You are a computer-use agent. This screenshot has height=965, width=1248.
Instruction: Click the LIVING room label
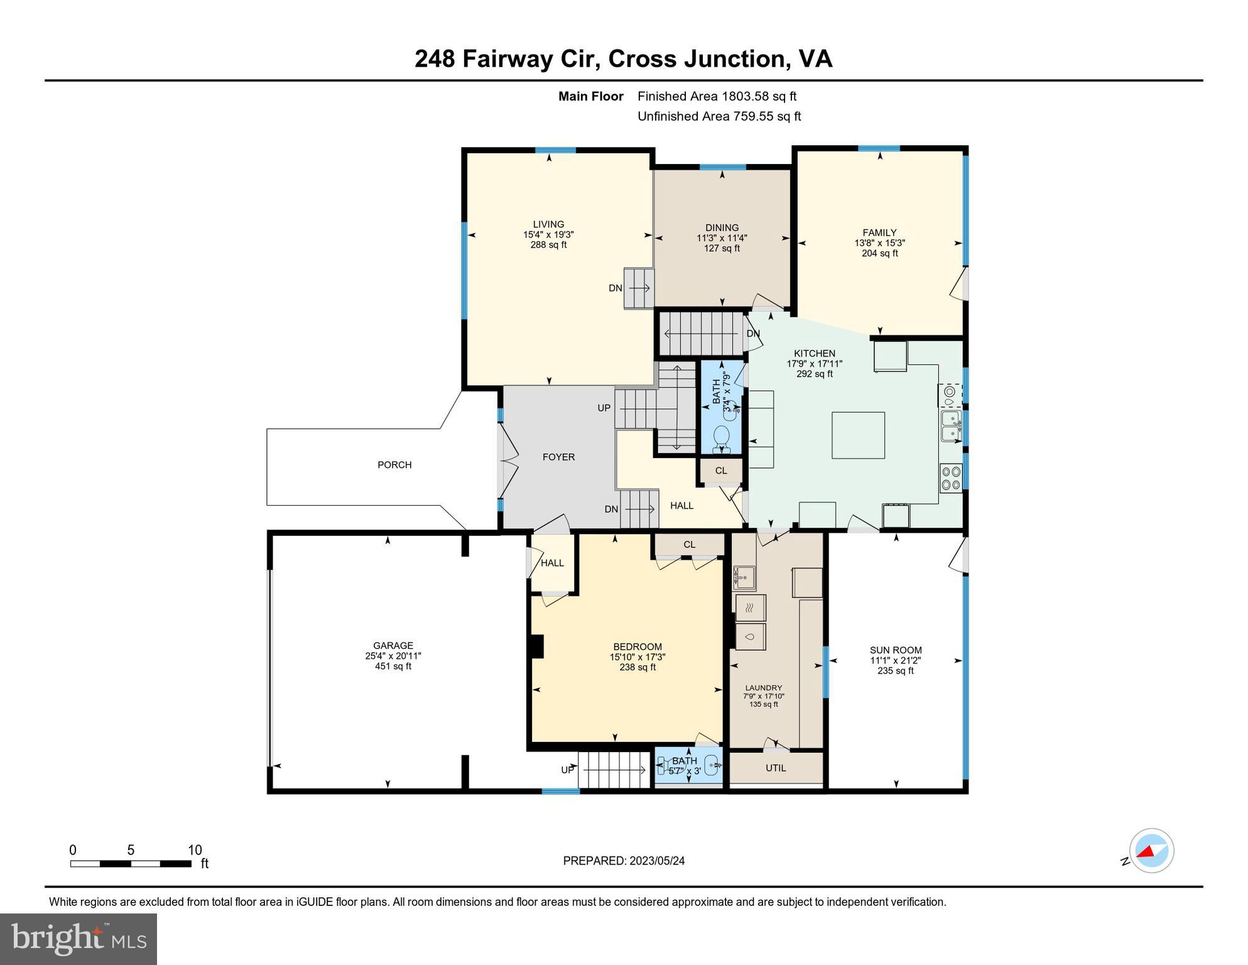[x=548, y=224]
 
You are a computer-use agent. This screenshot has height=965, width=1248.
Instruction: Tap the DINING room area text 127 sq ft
[x=722, y=248]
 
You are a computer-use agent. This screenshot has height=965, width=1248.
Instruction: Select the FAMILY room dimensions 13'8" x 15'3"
[x=879, y=243]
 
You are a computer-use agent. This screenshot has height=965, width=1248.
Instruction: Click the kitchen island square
[x=858, y=435]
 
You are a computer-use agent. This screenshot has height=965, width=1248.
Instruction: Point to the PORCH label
[x=394, y=465]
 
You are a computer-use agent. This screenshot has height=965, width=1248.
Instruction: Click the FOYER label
[x=558, y=457]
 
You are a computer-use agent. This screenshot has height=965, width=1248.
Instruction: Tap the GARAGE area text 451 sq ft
[x=393, y=666]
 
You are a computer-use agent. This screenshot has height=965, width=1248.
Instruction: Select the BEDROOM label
[x=638, y=646]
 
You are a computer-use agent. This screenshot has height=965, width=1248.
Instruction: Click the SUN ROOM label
[x=896, y=650]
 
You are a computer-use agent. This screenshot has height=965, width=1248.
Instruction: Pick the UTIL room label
[x=776, y=768]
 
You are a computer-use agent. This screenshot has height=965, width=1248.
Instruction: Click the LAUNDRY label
[x=763, y=688]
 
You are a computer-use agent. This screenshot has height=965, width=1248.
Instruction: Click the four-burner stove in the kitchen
[x=951, y=477]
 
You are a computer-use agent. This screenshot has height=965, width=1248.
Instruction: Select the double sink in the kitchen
[x=951, y=426]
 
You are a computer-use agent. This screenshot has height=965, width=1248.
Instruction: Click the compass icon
[x=1151, y=851]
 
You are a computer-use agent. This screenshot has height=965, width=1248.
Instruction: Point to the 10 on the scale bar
[x=195, y=850]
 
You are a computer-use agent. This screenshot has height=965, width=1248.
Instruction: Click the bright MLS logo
[x=79, y=939]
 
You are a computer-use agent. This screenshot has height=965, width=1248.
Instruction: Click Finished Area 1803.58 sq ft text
[x=717, y=96]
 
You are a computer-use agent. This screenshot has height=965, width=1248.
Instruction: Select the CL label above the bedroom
[x=689, y=545]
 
